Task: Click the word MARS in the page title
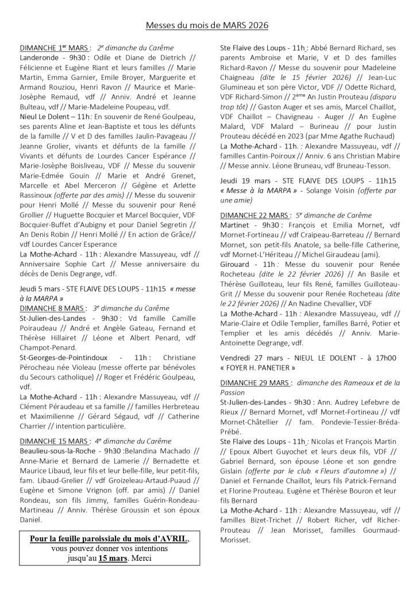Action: [229, 25]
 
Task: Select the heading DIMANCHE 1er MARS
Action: [49, 48]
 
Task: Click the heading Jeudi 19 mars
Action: [244, 180]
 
